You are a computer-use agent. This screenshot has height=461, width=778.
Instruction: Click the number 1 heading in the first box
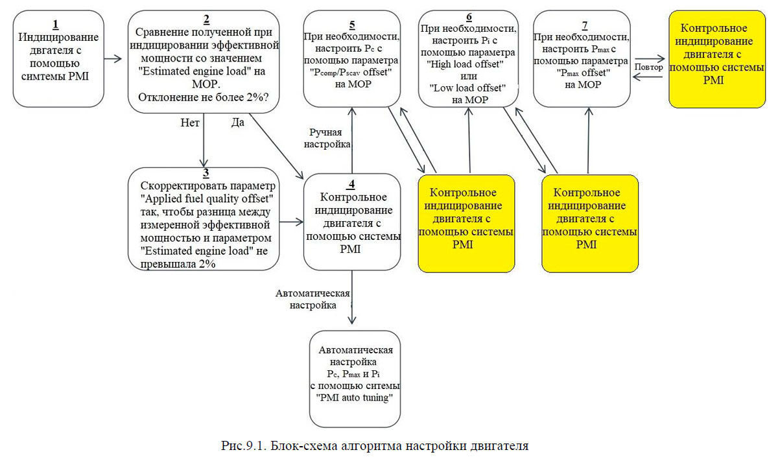[x=56, y=25]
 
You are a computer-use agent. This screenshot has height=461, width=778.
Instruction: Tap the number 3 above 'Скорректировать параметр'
[x=205, y=173]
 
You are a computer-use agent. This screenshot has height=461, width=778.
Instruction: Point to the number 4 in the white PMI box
[x=351, y=183]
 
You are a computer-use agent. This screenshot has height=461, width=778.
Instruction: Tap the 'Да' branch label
[x=237, y=122]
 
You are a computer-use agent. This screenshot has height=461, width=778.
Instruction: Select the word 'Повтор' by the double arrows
[x=649, y=67]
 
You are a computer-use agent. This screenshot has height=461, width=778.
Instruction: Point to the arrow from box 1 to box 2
[x=113, y=58]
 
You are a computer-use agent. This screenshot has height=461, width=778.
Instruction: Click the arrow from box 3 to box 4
[x=291, y=222]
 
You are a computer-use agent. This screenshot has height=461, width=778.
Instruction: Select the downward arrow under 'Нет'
[x=204, y=143]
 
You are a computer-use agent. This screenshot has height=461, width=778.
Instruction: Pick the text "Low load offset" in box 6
[x=467, y=88]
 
